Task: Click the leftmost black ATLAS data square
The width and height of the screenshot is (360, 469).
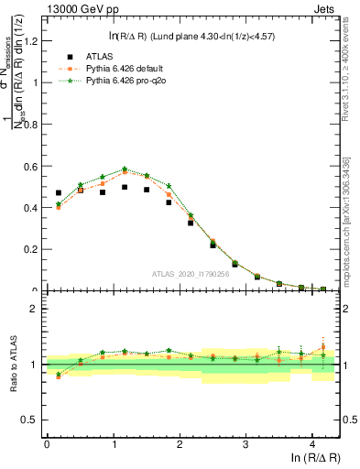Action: point(59,193)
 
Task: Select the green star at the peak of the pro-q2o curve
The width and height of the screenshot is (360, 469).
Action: point(125,169)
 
